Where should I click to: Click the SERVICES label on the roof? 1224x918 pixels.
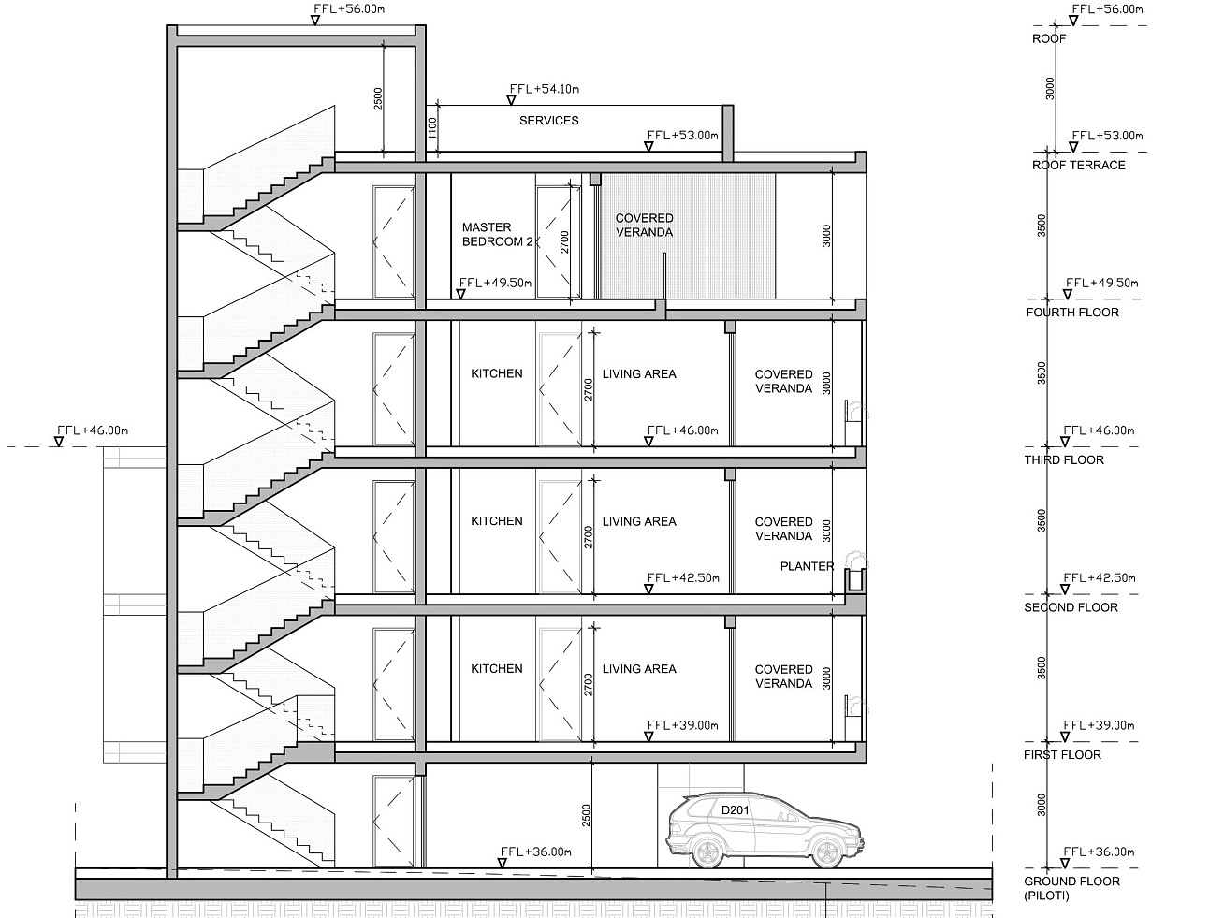pyautogui.click(x=548, y=121)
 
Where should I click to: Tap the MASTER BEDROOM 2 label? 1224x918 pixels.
pyautogui.click(x=498, y=235)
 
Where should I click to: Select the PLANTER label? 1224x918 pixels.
pyautogui.click(x=807, y=566)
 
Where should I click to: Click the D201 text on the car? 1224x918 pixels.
pyautogui.click(x=735, y=809)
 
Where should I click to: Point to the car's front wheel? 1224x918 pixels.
pyautogui.click(x=826, y=852)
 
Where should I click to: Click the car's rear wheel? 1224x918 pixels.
pyautogui.click(x=707, y=852)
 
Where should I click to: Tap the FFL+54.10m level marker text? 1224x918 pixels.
pyautogui.click(x=545, y=89)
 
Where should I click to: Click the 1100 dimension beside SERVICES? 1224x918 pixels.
pyautogui.click(x=432, y=129)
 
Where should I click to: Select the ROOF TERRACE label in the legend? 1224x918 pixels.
pyautogui.click(x=1078, y=165)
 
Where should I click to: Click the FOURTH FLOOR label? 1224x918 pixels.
pyautogui.click(x=1072, y=313)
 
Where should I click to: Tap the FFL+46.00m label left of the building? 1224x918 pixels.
pyautogui.click(x=93, y=430)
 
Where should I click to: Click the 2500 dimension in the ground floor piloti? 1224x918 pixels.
pyautogui.click(x=586, y=815)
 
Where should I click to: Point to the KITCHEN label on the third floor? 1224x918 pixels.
pyautogui.click(x=497, y=373)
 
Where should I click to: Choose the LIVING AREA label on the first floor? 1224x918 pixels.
pyautogui.click(x=639, y=669)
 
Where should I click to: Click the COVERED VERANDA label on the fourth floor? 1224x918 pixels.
pyautogui.click(x=645, y=226)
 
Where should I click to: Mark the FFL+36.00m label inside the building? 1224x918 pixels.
pyautogui.click(x=536, y=852)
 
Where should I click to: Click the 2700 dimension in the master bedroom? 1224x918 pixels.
pyautogui.click(x=565, y=242)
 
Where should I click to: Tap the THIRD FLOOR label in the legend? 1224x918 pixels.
pyautogui.click(x=1064, y=459)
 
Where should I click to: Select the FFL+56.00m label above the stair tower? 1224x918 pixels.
pyautogui.click(x=349, y=9)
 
